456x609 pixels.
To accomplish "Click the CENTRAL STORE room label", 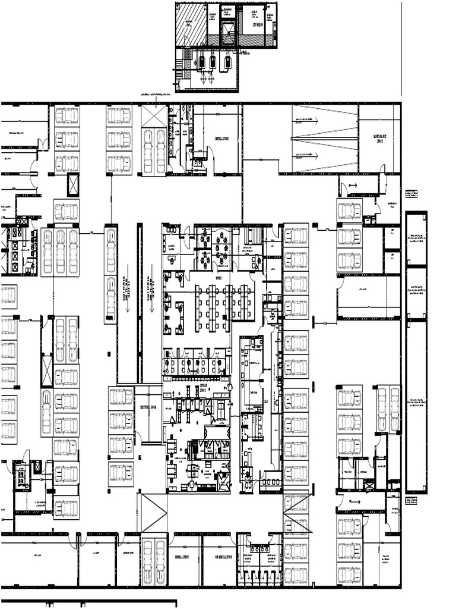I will tap(222, 139).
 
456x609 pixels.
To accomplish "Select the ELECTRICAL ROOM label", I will tap(148, 408).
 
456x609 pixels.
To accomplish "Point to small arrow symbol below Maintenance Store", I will tap(351, 186).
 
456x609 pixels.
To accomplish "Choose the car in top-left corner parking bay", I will tap(66, 115).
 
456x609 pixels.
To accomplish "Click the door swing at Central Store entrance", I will tap(210, 156).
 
